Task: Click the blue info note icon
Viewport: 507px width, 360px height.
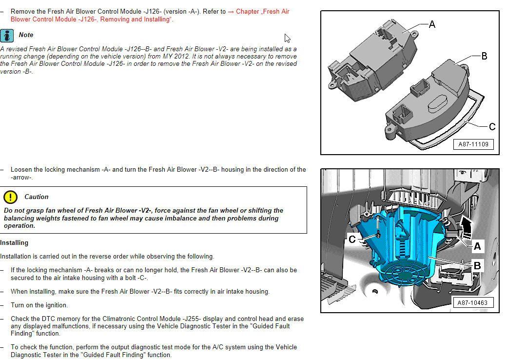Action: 7,35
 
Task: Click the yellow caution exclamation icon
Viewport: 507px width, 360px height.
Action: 10,197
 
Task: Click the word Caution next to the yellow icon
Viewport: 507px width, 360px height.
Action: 37,197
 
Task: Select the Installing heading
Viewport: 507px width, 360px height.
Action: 14,242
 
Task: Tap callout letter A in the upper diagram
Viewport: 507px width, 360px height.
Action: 431,24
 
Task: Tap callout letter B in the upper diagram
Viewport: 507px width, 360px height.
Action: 484,56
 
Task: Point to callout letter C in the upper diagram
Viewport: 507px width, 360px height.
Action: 491,127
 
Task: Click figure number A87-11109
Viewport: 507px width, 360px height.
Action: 473,144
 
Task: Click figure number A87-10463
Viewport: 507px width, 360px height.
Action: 472,302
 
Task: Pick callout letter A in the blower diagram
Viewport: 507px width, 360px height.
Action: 477,246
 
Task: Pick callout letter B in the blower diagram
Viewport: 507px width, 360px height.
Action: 477,266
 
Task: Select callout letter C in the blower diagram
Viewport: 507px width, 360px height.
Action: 352,239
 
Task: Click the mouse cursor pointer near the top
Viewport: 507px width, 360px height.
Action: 288,38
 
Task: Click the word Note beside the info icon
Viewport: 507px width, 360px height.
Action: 26,35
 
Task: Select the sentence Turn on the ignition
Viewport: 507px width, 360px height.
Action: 39,305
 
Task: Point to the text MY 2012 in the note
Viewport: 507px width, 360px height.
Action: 174,56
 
